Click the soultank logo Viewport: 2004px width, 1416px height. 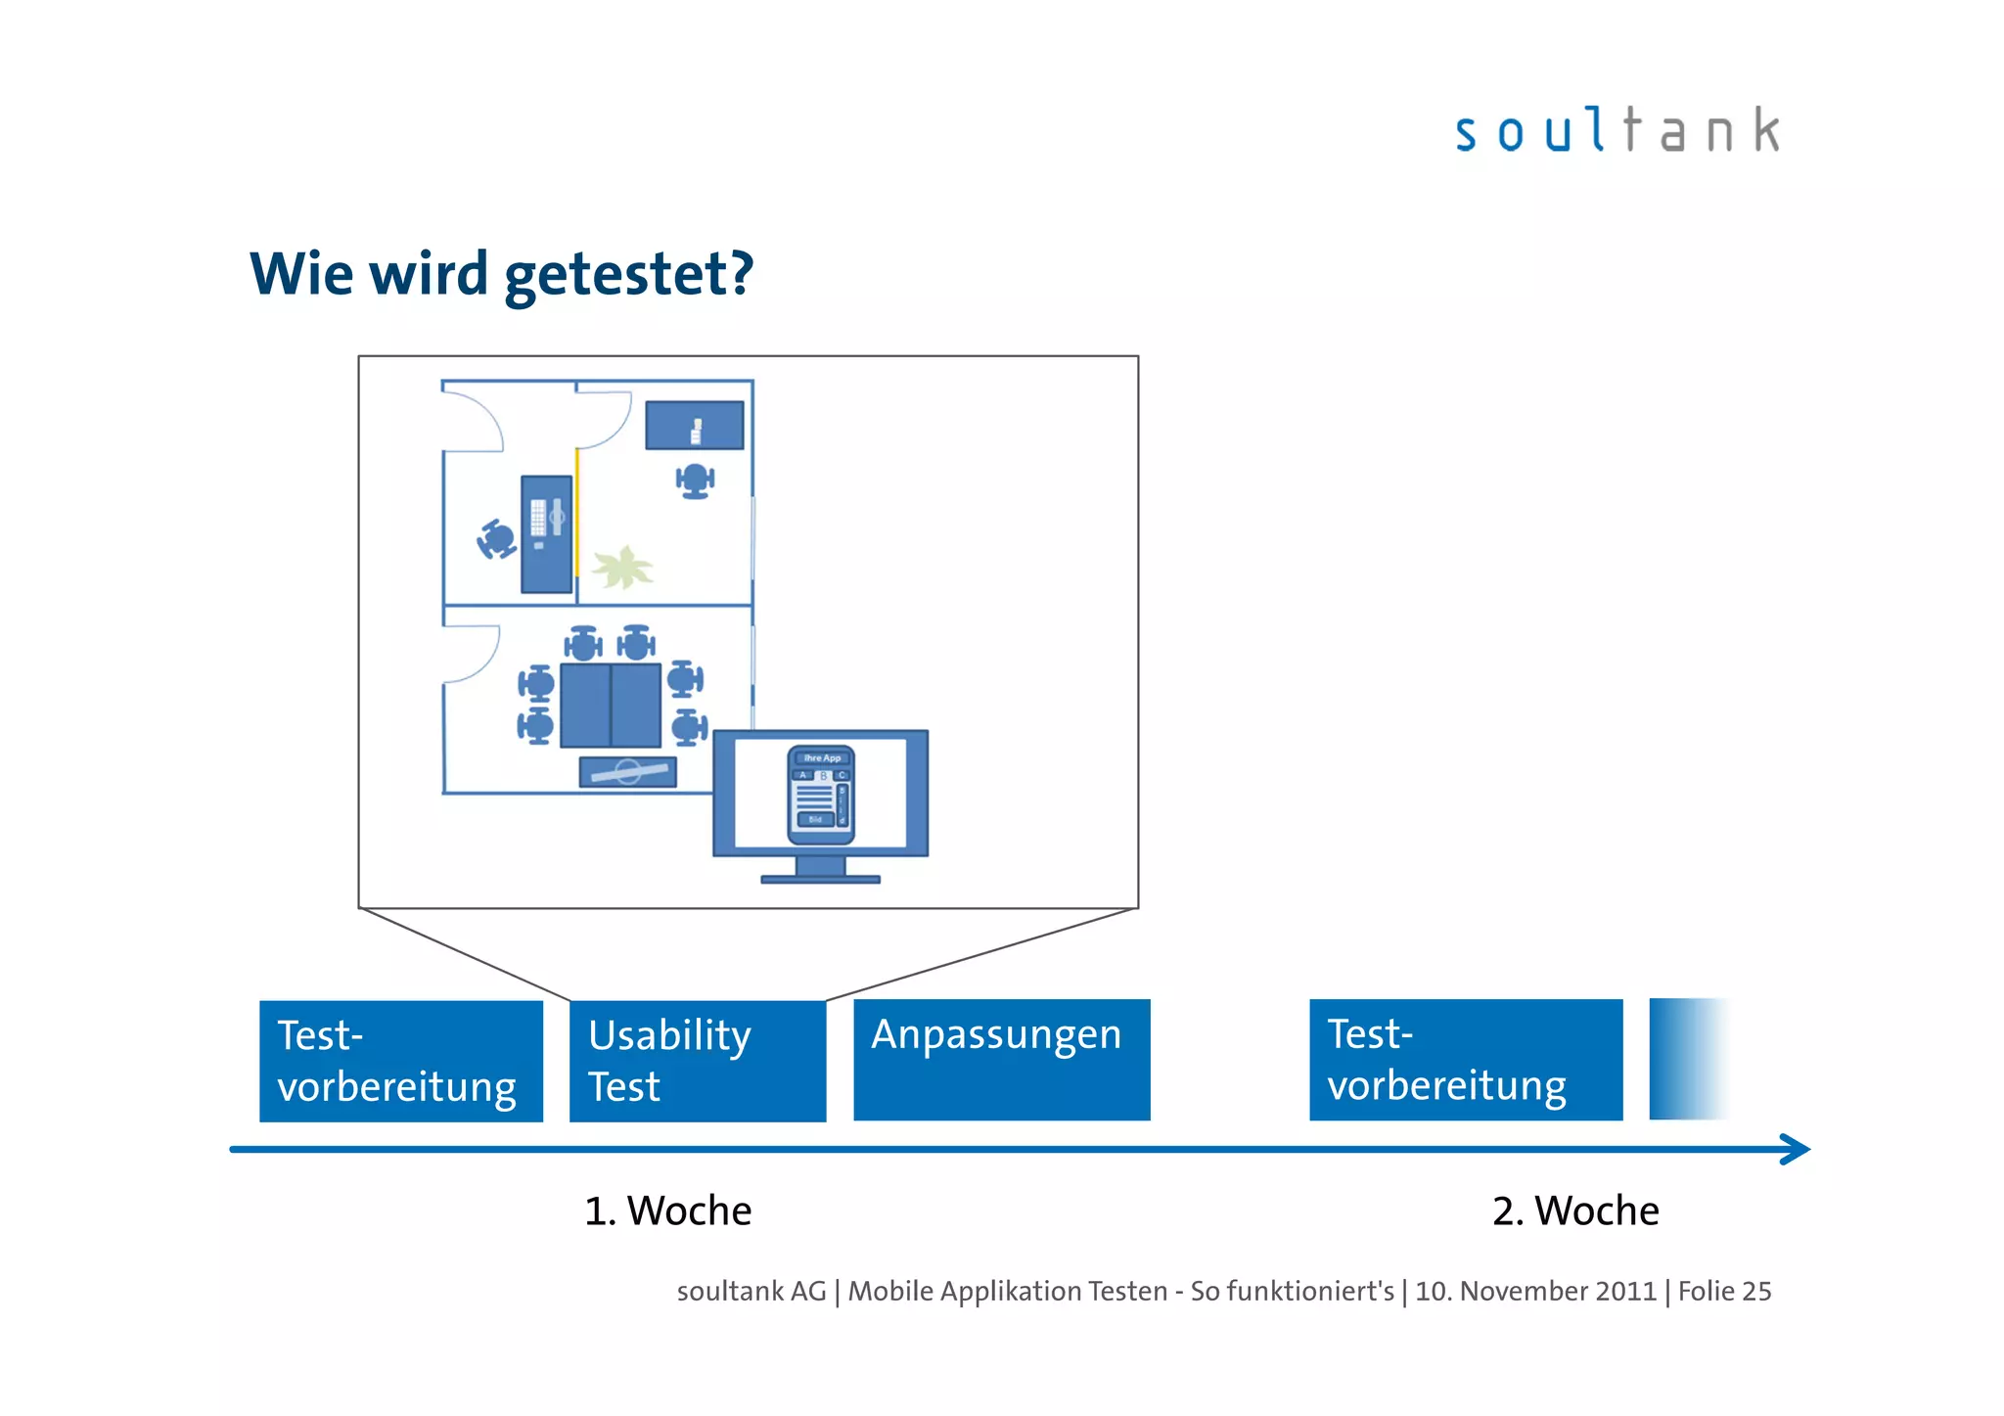click(1617, 131)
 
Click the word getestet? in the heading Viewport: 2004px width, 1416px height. click(628, 274)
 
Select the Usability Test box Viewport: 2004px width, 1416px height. click(697, 1061)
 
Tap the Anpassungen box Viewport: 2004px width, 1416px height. click(1001, 1060)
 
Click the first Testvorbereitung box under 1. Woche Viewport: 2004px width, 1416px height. click(400, 1061)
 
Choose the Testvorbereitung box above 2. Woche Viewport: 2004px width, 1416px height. click(1465, 1060)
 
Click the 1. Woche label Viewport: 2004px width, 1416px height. click(667, 1211)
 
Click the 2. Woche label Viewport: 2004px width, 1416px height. click(1575, 1211)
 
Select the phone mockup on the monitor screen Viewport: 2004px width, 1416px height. click(821, 795)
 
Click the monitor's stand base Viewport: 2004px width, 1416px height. click(820, 879)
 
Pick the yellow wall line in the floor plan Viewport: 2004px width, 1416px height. click(576, 512)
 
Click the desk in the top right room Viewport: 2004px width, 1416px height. click(694, 426)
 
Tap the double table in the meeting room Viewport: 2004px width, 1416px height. click(611, 705)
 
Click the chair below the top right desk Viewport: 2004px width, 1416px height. click(695, 480)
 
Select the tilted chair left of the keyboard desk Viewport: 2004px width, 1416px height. click(497, 539)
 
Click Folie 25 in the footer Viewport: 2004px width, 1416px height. click(1724, 1292)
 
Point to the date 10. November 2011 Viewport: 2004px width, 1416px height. click(1535, 1292)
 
